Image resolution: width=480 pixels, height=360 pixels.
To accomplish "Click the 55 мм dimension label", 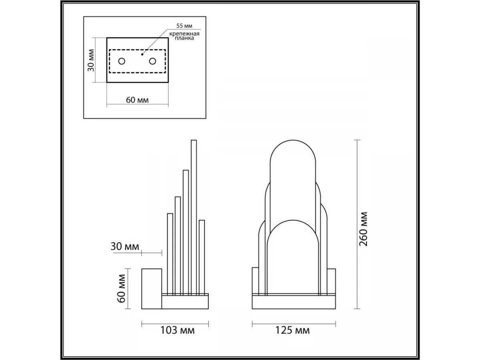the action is click(x=184, y=26).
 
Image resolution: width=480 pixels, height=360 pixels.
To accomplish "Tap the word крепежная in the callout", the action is click(x=184, y=34).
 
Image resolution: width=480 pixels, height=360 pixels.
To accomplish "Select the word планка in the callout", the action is click(x=184, y=38).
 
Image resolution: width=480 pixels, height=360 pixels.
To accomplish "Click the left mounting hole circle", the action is click(x=122, y=61).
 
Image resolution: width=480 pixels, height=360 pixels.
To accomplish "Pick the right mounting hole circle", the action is click(x=152, y=61).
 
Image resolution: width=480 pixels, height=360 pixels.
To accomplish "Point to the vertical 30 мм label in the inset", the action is click(x=91, y=60).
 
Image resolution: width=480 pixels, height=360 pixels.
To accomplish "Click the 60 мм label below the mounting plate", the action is click(x=137, y=100).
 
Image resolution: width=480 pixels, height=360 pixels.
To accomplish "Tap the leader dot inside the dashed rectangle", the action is click(x=142, y=54).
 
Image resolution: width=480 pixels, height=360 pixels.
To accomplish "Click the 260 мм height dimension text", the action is click(x=363, y=229).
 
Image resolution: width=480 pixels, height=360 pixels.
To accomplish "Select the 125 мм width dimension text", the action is click(x=292, y=330).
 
